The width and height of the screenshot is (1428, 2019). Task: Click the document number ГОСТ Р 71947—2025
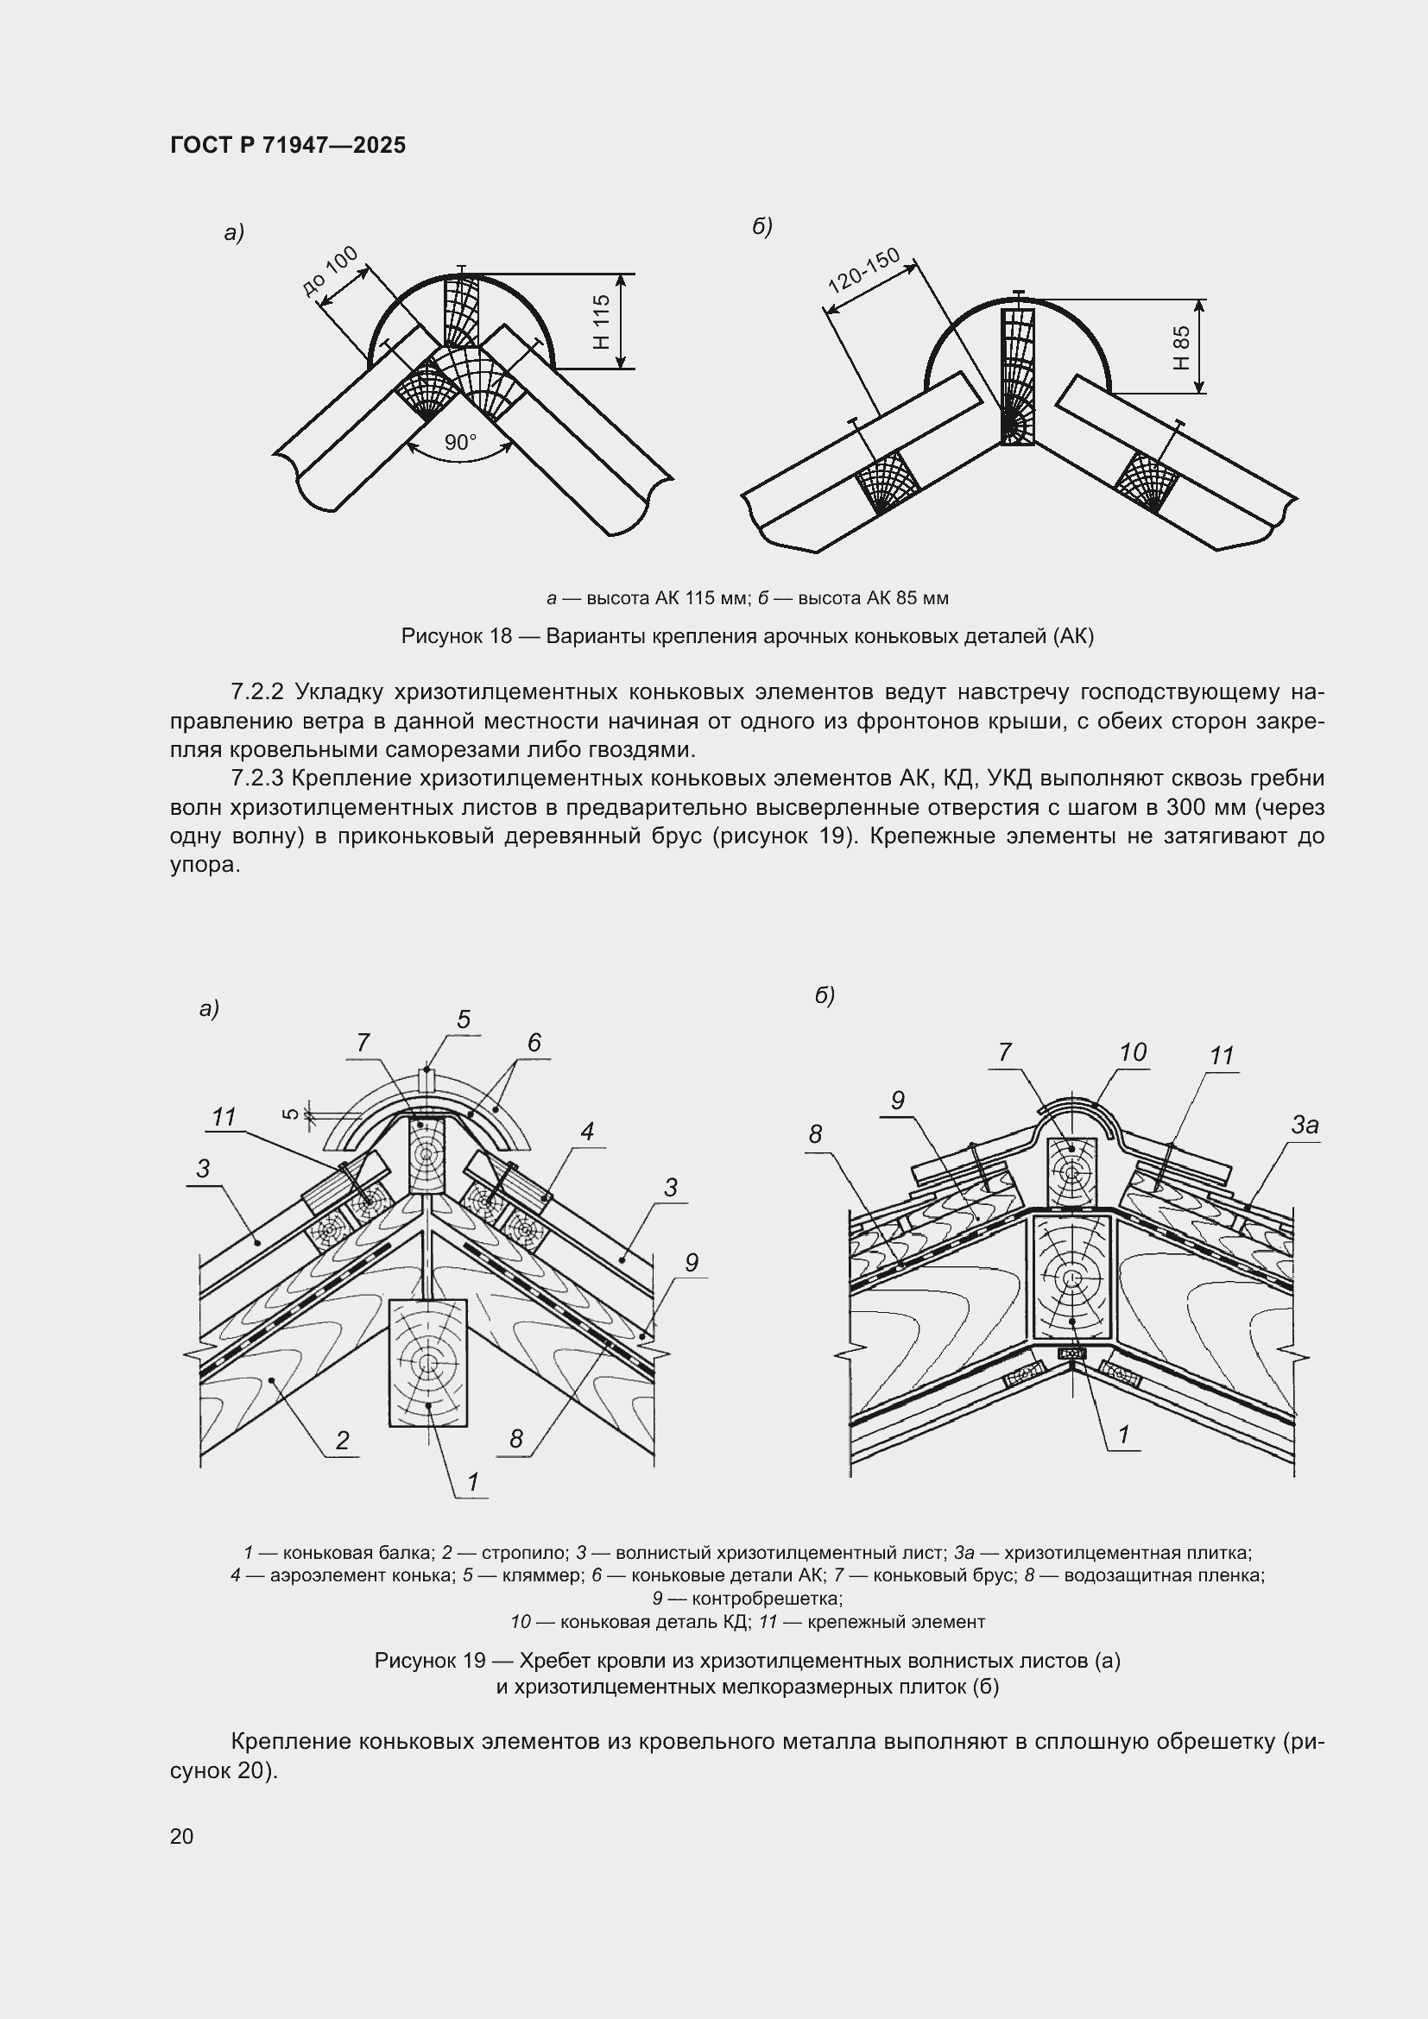287,145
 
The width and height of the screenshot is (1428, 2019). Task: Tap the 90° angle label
460,442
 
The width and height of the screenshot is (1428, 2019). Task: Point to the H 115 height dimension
602,321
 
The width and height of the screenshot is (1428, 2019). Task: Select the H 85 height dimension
1182,347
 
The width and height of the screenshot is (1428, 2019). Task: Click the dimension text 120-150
864,269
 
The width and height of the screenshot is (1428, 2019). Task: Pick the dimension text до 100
330,271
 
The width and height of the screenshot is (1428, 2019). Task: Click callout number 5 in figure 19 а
464,1019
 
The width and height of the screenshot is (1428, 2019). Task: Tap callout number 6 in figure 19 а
534,1042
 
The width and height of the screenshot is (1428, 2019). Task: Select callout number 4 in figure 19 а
587,1131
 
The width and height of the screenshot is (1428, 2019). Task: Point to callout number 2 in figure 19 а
342,1440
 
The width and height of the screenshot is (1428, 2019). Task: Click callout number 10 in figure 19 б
1133,1051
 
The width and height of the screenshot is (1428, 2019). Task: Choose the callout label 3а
1305,1125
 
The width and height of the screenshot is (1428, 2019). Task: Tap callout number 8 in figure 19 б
815,1134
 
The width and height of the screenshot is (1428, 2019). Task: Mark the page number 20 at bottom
182,1836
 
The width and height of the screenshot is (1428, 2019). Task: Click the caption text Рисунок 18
456,636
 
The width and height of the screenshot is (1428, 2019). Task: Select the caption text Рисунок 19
430,1660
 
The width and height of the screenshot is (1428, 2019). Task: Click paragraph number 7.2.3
256,779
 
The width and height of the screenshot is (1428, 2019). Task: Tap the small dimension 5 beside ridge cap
291,1114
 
